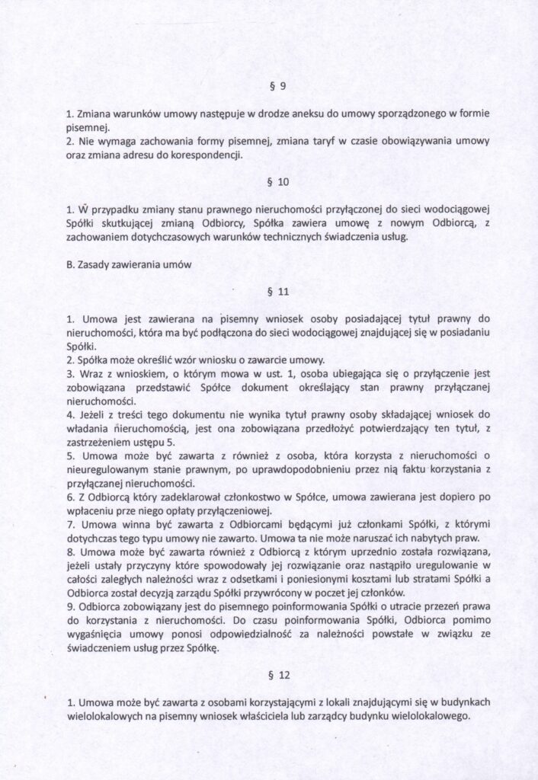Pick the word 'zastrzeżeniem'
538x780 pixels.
pos(97,442)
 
